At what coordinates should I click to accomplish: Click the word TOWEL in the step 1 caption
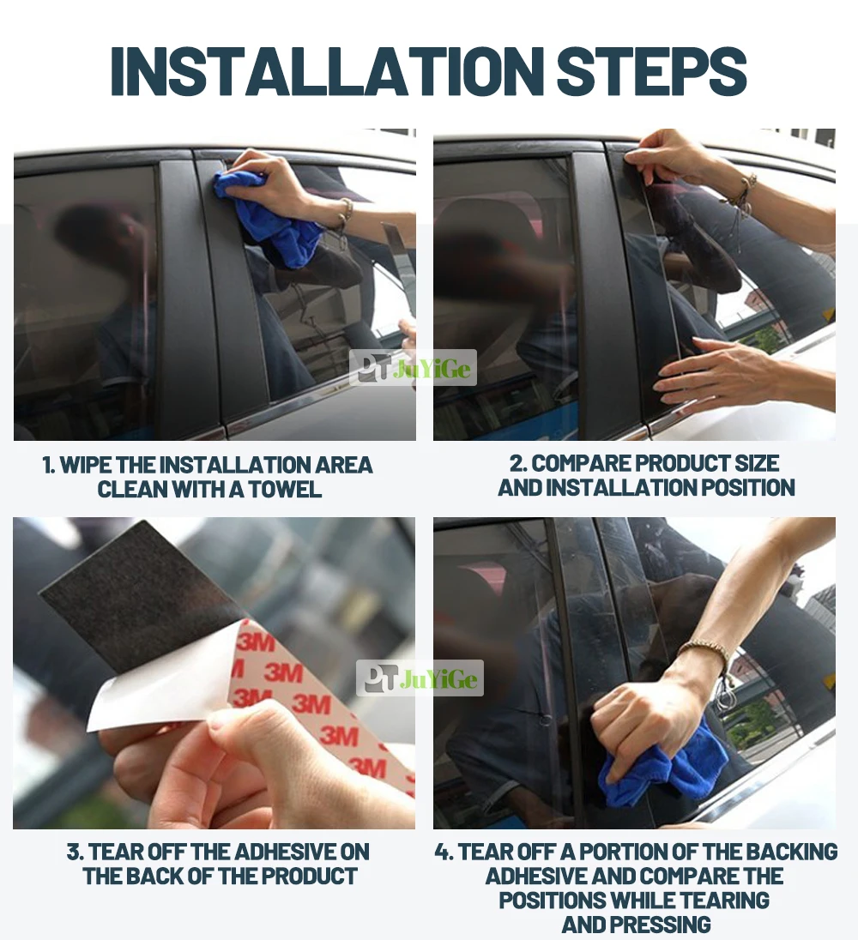pyautogui.click(x=285, y=489)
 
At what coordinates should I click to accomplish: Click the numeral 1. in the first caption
pyautogui.click(x=49, y=465)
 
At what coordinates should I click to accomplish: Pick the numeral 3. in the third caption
pyautogui.click(x=75, y=853)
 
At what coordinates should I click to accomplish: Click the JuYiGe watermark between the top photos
pyautogui.click(x=413, y=367)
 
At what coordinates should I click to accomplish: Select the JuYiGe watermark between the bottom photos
pyautogui.click(x=420, y=678)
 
